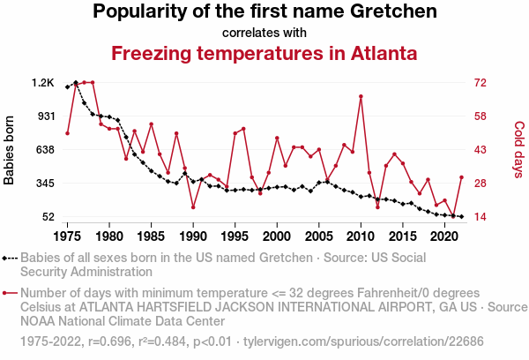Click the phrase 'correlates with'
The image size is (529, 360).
(x=264, y=33)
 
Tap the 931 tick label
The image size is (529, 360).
(x=44, y=116)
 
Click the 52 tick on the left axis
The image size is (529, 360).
(x=48, y=217)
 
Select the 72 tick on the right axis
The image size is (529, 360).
(x=481, y=83)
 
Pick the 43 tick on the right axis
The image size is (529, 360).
(x=481, y=150)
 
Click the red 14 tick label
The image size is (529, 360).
(x=481, y=217)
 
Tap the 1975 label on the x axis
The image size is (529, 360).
(x=67, y=236)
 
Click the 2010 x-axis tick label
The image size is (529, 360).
(x=361, y=236)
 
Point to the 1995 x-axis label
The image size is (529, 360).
(x=235, y=236)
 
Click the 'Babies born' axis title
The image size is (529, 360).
(x=10, y=150)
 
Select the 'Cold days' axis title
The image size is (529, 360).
(x=519, y=150)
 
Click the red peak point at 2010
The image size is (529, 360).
(x=361, y=96)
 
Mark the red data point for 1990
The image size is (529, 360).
(x=193, y=207)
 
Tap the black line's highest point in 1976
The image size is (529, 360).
(x=76, y=82)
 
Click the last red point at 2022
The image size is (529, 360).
(x=461, y=177)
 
